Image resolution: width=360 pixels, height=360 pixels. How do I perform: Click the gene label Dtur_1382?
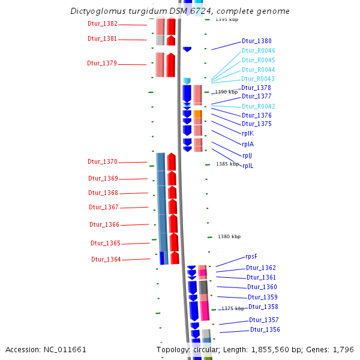[x=103, y=24]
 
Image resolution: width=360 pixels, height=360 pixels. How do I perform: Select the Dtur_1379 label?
[x=102, y=63]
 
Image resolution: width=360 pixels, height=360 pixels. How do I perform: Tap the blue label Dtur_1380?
[x=257, y=41]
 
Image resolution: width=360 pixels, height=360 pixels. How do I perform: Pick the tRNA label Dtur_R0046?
[x=259, y=50]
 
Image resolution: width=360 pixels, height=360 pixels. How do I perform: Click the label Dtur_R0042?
[x=259, y=106]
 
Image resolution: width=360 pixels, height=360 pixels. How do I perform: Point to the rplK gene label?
[x=247, y=133]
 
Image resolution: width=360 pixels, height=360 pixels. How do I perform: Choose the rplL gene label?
[x=248, y=166]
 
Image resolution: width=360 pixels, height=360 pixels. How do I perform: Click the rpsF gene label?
[x=251, y=256]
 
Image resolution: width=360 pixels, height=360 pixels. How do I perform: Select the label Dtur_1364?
[x=106, y=259]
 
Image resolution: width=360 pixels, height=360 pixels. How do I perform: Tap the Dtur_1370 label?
[x=103, y=161]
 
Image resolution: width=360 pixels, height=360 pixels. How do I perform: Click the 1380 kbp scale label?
[x=229, y=236]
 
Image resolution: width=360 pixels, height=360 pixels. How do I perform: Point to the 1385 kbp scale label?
[x=227, y=164]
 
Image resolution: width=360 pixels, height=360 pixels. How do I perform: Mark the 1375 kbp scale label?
[x=233, y=308]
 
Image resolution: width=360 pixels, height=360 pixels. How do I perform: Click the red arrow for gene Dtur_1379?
[x=171, y=65]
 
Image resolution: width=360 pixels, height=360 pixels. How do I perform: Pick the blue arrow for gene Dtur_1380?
[x=187, y=49]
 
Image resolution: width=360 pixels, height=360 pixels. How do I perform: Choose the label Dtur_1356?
[x=265, y=329]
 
